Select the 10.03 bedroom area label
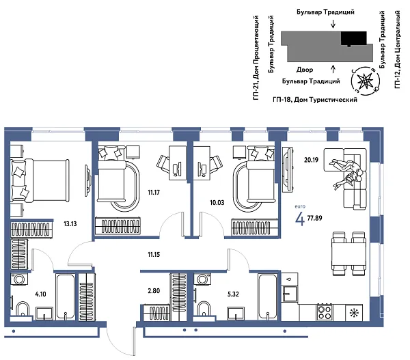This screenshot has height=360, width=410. [218, 203]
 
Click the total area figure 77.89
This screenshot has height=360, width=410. [316, 219]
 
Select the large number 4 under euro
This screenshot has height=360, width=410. [299, 219]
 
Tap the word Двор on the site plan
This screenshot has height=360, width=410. [305, 70]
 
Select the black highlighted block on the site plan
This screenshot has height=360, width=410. [353, 39]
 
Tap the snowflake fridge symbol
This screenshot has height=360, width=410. [354, 314]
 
